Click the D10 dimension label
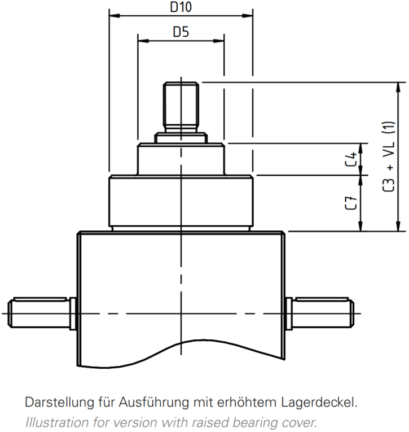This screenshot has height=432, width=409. tap(181, 7)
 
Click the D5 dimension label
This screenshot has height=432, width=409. tap(181, 32)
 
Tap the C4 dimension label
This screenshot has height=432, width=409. tap(351, 159)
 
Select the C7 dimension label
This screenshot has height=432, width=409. tap(351, 203)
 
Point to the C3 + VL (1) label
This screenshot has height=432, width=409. tap(389, 156)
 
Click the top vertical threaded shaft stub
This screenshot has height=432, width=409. tap(181, 107)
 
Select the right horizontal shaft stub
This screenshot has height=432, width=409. tap(319, 313)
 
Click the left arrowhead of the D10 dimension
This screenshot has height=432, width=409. tap(115, 16)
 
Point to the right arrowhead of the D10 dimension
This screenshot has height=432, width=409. tap(248, 16)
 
